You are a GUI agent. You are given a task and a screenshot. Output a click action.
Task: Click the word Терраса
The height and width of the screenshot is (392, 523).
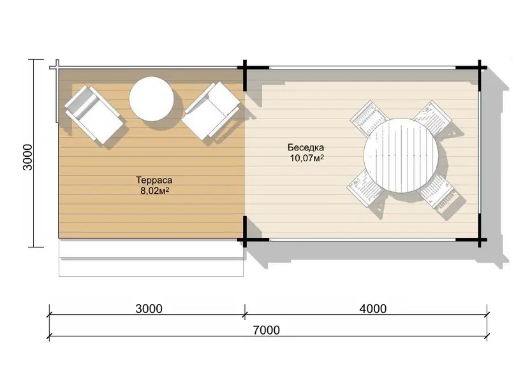pos(154,180)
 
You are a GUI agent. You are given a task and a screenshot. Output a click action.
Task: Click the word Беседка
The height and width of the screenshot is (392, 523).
pos(306,147)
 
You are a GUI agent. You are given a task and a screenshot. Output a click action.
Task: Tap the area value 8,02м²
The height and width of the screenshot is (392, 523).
pos(154,191)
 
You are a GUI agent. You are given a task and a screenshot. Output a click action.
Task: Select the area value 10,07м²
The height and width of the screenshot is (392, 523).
pos(307,158)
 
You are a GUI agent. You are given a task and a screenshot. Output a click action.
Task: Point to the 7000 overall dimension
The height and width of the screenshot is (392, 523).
pos(266,330)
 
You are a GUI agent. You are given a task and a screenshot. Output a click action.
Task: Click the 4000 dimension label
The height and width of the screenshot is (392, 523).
pos(373,309)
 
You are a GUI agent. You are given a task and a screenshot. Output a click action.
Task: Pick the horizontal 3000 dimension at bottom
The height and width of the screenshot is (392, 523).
pos(149,309)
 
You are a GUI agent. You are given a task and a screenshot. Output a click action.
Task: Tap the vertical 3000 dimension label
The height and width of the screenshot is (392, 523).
pos(27,157)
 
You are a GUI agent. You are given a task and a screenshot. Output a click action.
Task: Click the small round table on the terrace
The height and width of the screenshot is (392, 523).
pos(151,99)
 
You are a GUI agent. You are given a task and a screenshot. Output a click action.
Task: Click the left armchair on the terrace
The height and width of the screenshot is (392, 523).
pos(94,115)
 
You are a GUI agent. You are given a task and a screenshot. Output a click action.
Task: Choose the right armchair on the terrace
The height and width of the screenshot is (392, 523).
pos(211,111)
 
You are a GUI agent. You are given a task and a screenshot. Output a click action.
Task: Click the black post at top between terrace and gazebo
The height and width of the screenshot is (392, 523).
pos(245,75)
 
